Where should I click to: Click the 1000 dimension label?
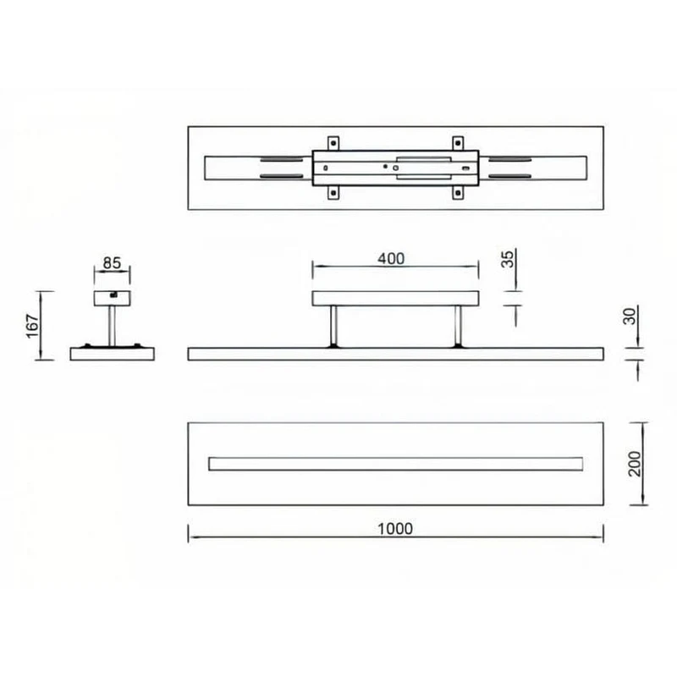395,528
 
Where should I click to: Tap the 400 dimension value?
391,259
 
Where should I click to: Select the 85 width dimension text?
112,263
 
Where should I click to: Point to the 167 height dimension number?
32,326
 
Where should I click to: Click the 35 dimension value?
508,259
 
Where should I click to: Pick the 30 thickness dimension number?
630,316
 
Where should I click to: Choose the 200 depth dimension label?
635,464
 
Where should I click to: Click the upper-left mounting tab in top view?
333,143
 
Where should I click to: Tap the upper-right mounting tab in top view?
458,143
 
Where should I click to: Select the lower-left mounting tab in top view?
333,193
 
